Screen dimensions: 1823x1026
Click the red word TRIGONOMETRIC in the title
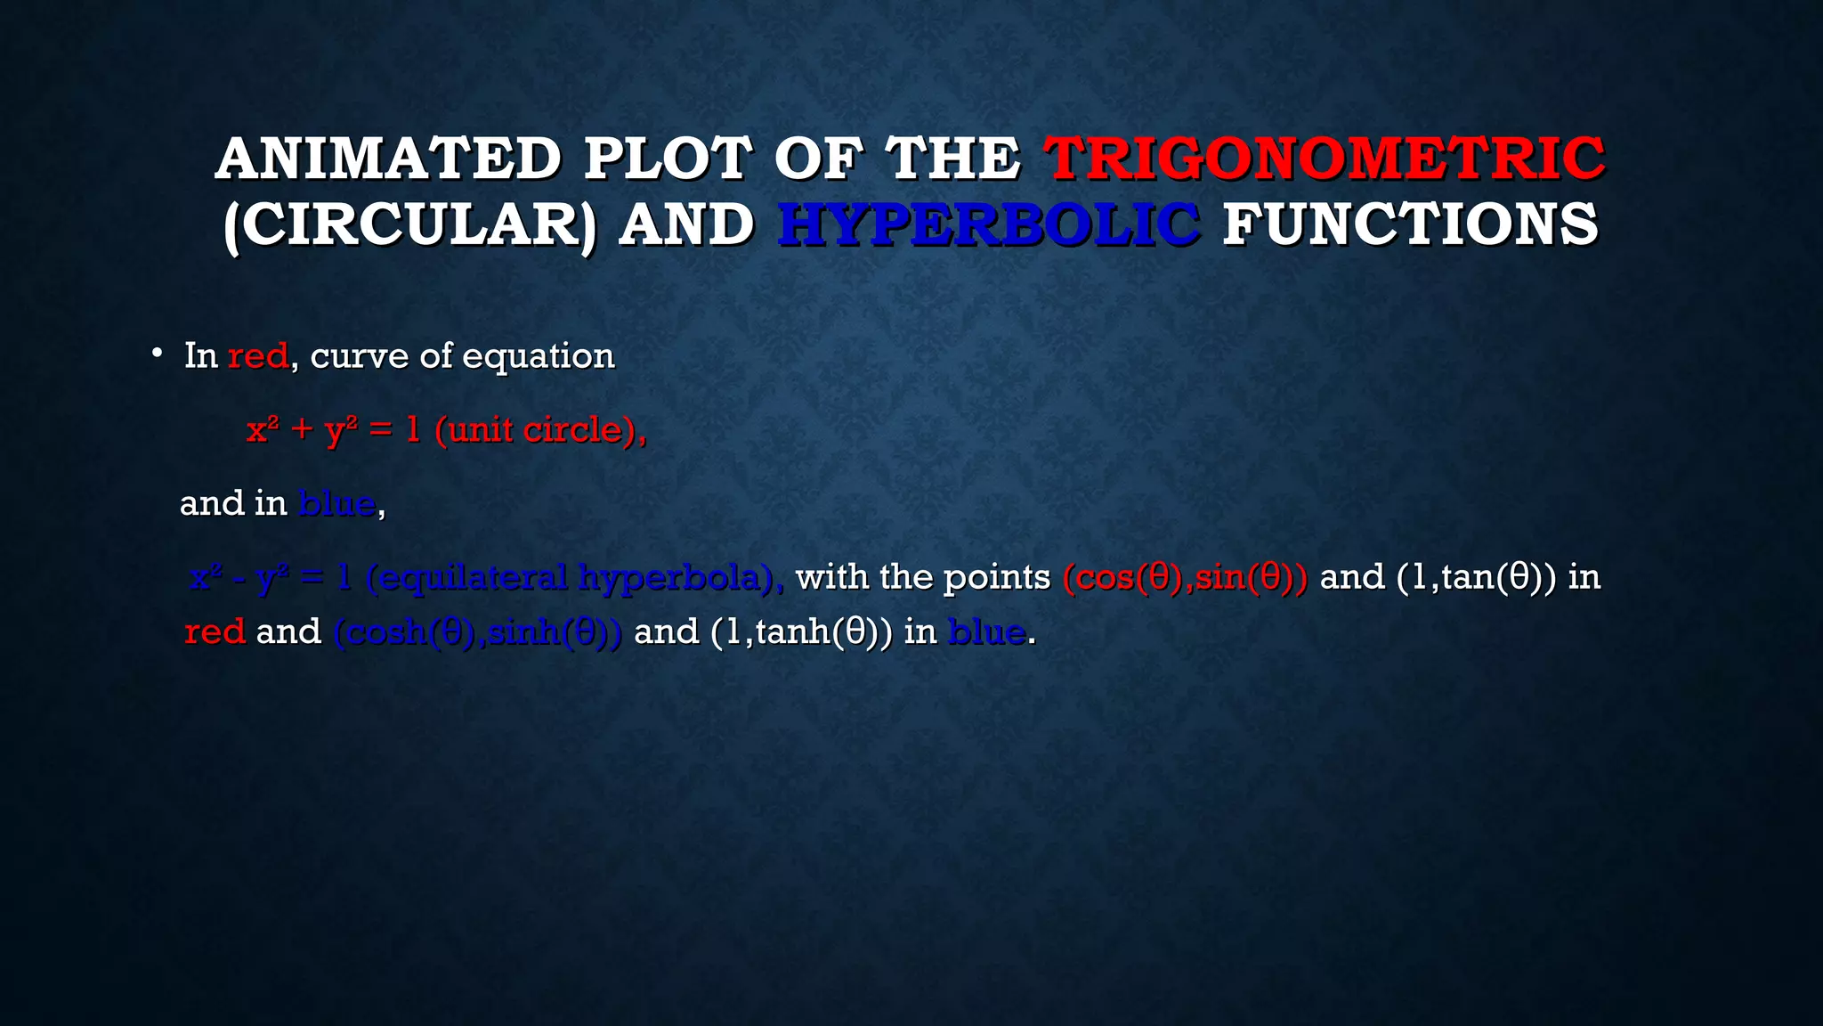1325,159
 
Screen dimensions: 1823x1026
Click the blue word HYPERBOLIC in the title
988,224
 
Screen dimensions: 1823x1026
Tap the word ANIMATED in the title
388,159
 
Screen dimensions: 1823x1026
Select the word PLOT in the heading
668,159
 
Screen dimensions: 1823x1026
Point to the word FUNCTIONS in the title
1410,224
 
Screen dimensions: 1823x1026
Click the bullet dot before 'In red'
157,354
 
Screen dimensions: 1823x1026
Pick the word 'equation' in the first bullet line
538,356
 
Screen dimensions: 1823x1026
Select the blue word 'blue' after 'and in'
336,504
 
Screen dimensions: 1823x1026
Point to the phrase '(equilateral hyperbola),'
575,578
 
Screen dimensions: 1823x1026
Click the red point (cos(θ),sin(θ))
1185,578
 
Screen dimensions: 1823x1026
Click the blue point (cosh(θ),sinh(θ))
478,632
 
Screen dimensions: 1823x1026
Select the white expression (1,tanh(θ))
801,632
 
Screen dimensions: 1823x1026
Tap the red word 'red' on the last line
215,632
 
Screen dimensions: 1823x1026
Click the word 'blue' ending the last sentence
986,632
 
